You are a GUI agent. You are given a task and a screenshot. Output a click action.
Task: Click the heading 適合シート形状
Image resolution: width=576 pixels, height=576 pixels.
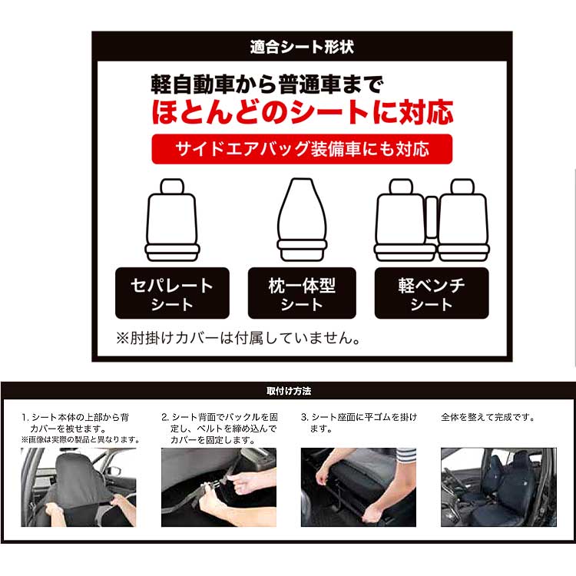tap(302, 48)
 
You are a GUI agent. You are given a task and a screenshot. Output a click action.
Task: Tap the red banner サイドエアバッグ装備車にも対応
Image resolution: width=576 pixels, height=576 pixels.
tap(302, 149)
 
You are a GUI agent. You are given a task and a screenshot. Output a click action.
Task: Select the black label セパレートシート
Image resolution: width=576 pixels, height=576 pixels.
tap(172, 293)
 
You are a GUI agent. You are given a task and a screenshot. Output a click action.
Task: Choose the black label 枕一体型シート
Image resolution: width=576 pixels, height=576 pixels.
tap(302, 293)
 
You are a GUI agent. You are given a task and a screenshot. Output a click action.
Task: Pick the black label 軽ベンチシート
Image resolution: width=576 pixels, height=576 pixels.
tap(432, 293)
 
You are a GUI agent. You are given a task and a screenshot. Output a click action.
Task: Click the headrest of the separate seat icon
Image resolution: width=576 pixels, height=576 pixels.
tap(172, 187)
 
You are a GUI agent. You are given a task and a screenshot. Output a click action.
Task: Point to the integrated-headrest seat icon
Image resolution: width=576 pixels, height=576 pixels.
tap(302, 220)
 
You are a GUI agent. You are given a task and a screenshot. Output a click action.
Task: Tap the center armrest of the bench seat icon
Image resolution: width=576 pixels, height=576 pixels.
tap(432, 217)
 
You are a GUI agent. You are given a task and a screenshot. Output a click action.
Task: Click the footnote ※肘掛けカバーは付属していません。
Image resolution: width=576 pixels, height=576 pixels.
tap(239, 338)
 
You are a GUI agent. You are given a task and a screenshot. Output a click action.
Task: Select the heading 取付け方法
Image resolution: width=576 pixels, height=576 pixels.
tap(289, 391)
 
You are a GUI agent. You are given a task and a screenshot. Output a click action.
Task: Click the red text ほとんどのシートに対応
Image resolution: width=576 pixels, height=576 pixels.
tap(303, 112)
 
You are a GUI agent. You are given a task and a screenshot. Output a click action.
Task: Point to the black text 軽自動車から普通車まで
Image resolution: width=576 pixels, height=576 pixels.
tap(267, 84)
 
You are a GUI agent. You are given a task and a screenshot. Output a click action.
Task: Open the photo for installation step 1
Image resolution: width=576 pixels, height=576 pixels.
tap(78, 487)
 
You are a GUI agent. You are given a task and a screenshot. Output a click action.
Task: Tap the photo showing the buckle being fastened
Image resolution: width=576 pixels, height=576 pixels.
tap(219, 487)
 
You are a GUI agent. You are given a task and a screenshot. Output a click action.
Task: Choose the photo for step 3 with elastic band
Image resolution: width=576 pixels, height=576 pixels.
tap(359, 487)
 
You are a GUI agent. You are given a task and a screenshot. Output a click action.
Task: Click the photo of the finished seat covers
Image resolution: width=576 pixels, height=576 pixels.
tap(499, 487)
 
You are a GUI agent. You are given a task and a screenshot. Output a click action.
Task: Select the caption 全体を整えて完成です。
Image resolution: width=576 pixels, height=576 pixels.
tap(488, 417)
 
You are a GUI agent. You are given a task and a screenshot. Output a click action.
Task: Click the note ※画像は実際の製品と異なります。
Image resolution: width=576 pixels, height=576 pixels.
tap(81, 440)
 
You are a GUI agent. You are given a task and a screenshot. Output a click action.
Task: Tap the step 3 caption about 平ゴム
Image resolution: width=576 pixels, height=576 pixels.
tap(359, 423)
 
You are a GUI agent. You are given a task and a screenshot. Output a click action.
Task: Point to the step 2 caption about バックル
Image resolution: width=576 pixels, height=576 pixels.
tap(220, 429)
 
